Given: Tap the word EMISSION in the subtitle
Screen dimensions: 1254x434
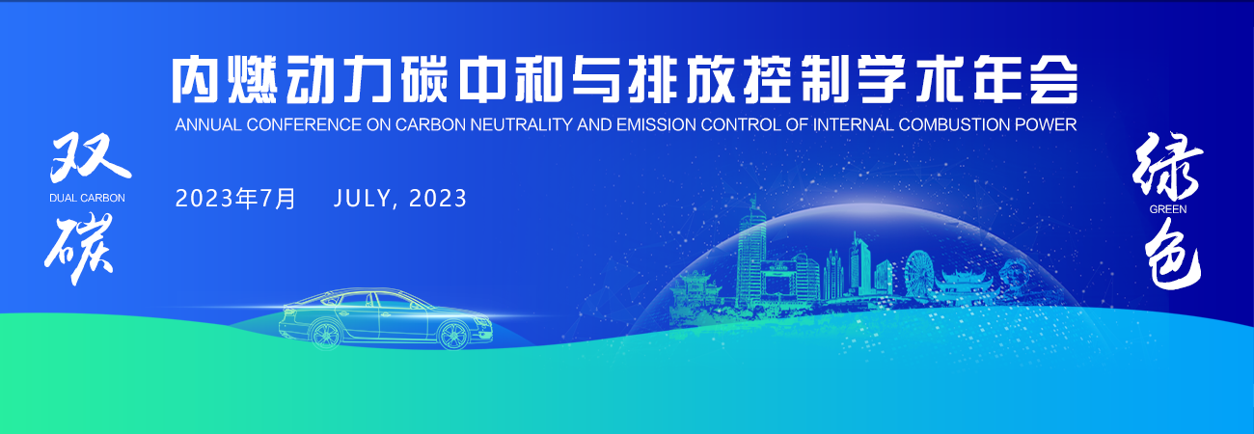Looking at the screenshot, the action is coord(657,124).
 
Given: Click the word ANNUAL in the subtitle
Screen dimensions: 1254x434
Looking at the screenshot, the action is coord(208,124).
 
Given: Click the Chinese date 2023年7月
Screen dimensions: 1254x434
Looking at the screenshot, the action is coord(235,199).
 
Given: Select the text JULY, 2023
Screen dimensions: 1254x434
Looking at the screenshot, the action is coord(399,199).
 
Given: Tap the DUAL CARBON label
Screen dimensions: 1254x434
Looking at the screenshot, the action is coord(88,198).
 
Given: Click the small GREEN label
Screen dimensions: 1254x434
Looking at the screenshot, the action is coord(1168,209).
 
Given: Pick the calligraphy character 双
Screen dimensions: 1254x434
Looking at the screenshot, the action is coord(90,158).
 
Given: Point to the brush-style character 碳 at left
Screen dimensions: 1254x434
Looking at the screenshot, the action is coord(79,248).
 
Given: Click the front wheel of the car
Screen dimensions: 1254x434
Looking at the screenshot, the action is coord(453,335).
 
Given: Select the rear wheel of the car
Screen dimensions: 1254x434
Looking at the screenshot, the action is coord(326,335).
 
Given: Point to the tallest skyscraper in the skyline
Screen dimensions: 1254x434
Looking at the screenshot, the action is coord(751,255).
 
